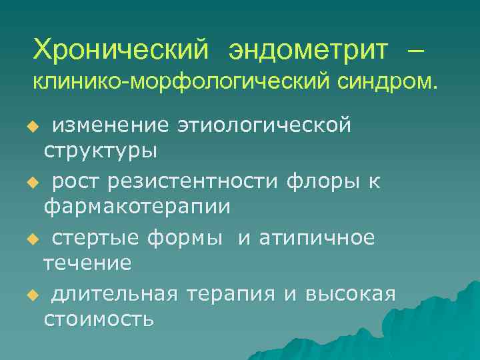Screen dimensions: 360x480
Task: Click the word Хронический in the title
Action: click(x=123, y=48)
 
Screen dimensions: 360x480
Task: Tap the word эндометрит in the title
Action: click(x=307, y=48)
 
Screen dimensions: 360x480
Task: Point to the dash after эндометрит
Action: click(x=411, y=49)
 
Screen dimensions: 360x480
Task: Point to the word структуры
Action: click(x=101, y=151)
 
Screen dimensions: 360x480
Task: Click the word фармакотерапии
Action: click(x=137, y=207)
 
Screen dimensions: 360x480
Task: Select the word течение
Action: click(x=87, y=263)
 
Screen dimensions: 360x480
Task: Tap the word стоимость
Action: click(x=99, y=319)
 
